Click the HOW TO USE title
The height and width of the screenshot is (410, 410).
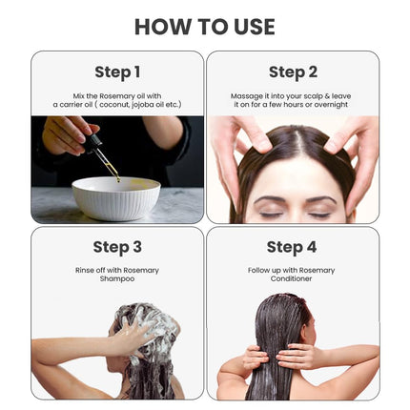pos(204,26)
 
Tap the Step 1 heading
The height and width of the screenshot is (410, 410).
pos(117,72)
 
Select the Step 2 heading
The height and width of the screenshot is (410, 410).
pos(293,72)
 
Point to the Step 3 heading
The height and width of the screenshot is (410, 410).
pos(117,247)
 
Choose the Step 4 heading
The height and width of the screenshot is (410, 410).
pos(292,247)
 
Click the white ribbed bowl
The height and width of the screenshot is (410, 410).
pos(115,197)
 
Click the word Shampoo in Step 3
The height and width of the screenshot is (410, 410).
pos(117,278)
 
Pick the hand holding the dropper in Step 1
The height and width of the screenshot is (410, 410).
pos(69,135)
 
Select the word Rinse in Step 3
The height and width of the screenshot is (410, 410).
pos(84,270)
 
